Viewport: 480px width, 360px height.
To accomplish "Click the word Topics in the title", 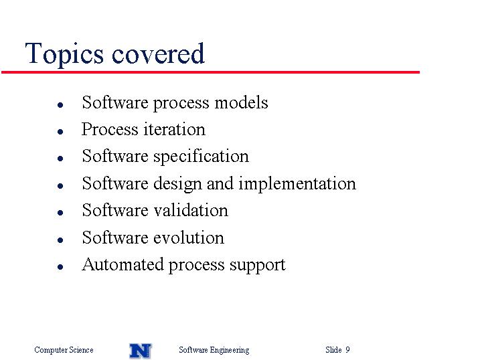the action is (64, 54).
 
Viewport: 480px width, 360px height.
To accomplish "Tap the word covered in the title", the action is (158, 54).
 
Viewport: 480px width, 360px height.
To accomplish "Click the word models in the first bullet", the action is (241, 102).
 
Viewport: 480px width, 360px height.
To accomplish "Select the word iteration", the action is (174, 129).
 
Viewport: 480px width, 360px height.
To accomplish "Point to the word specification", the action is (201, 157).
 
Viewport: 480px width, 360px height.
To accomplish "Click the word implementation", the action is (297, 184).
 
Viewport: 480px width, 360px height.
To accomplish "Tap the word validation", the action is (191, 210).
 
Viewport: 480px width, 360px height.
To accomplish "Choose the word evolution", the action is (189, 238).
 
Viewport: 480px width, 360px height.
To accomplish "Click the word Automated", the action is (123, 264).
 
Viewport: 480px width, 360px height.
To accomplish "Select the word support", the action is (258, 266).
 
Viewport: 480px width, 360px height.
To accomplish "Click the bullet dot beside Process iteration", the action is (60, 132).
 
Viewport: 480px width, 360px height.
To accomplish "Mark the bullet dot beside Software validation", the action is (60, 213).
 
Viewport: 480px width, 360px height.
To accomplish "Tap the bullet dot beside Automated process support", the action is (60, 267).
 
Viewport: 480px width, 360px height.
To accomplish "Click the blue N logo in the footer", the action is (141, 351).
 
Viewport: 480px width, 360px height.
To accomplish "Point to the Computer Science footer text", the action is (64, 350).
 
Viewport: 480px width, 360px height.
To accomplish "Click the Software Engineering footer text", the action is (214, 350).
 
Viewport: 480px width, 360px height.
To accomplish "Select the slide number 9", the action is (347, 349).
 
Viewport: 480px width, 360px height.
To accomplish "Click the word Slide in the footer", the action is (333, 349).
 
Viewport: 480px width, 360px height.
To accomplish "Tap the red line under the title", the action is (211, 72).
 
